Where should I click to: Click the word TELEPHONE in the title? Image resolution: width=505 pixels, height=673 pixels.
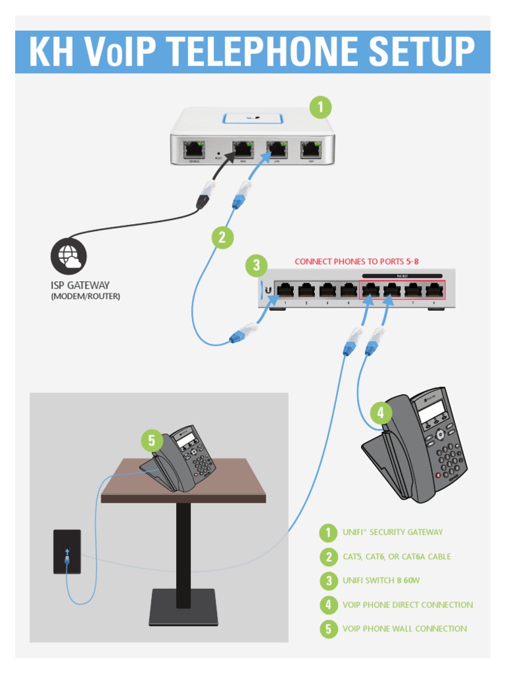pos(253,53)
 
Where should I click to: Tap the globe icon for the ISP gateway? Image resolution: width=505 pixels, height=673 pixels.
pos(69,256)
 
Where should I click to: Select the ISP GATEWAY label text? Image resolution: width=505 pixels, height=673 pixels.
pos(80,285)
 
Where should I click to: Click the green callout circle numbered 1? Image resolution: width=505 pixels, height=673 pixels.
pos(320,107)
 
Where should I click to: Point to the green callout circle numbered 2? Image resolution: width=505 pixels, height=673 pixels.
pos(222,237)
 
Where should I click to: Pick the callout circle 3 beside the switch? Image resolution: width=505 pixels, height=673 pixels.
pos(256,266)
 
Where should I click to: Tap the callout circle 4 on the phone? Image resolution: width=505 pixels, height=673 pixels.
pos(381,413)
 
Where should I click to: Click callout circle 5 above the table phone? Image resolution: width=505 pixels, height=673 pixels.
pos(152,440)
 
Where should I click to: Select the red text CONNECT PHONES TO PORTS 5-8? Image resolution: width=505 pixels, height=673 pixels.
pos(356,262)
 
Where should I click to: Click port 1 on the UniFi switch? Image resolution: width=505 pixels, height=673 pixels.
pos(285,290)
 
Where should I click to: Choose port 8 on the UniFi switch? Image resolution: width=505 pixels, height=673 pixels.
pos(434,290)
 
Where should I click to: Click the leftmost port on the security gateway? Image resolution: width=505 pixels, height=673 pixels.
pos(195,149)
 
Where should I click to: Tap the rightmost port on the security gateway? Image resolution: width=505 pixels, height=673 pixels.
pos(310,149)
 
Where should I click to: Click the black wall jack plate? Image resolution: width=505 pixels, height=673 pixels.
pos(67,551)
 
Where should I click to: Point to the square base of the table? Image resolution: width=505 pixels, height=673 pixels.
pos(183,607)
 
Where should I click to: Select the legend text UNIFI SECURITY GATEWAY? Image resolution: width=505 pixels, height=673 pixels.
pos(393,532)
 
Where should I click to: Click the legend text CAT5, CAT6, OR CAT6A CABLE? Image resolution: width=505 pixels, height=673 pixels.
pos(397,557)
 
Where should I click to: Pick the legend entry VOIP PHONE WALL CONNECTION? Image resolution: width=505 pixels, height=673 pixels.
pos(404,629)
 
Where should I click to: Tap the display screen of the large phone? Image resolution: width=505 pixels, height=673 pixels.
pos(431,411)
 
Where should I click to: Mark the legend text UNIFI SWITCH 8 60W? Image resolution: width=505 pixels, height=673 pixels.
pos(381,581)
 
